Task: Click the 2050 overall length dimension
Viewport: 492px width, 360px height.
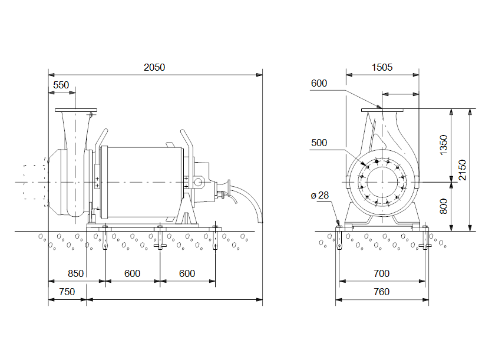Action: coord(154,67)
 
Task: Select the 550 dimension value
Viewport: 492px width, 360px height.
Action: coord(61,85)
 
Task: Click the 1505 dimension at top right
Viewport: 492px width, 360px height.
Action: coord(382,67)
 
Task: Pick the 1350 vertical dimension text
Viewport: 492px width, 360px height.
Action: coord(444,145)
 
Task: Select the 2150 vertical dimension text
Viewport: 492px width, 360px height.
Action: coord(463,171)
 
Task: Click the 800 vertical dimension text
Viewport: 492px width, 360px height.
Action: coord(444,206)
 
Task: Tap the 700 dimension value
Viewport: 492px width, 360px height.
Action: coord(381,273)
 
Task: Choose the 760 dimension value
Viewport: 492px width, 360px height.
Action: coord(381,292)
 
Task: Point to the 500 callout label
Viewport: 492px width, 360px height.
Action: coord(319,143)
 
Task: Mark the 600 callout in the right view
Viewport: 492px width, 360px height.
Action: coord(319,84)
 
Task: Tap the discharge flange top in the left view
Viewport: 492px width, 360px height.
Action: coord(76,110)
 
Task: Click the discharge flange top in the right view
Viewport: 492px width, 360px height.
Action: coord(382,110)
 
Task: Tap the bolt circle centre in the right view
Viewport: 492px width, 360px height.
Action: coord(382,182)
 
